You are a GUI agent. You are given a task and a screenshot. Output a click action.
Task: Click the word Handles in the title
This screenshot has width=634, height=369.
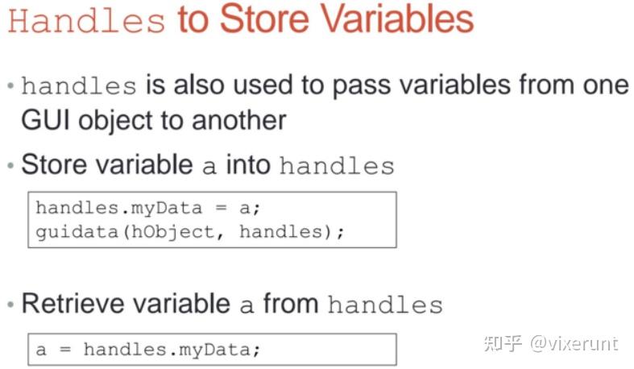click(x=86, y=20)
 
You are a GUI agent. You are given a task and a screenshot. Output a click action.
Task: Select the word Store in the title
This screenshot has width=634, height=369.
click(x=264, y=19)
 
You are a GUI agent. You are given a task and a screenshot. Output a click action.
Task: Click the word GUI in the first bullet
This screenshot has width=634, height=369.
click(x=44, y=120)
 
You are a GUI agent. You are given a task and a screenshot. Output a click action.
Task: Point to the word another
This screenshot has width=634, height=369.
click(x=239, y=120)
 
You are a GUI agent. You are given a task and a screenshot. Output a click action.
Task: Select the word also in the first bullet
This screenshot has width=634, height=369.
click(x=198, y=85)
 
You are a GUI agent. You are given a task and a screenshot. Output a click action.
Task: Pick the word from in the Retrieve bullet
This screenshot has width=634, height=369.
click(x=291, y=303)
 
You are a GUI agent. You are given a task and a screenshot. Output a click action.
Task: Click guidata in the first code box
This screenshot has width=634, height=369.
click(x=77, y=232)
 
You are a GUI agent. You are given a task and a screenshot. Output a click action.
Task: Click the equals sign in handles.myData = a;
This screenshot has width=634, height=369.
click(x=221, y=208)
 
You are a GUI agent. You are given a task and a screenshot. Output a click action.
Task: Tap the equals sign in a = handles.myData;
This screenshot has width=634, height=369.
click(x=65, y=350)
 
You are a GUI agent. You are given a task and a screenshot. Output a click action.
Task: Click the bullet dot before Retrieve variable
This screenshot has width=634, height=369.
click(x=10, y=304)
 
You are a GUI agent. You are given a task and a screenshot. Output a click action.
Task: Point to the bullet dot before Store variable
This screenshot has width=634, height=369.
click(x=10, y=165)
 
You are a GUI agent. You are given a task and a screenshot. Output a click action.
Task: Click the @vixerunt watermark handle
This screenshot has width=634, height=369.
click(x=574, y=343)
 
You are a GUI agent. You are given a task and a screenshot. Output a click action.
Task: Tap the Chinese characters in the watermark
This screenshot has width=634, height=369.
click(x=503, y=343)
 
